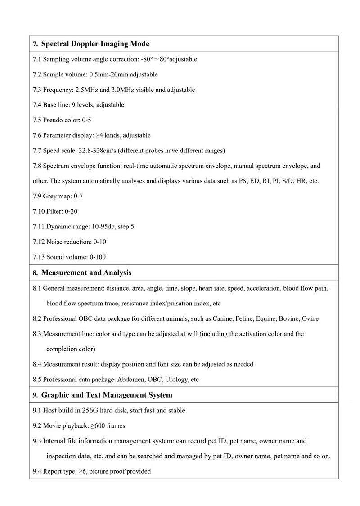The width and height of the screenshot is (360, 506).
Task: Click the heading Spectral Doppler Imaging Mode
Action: coord(95,44)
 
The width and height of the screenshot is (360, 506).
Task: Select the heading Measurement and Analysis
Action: coord(86,273)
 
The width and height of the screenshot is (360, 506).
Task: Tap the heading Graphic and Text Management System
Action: coord(107,395)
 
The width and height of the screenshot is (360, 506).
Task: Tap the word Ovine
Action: coord(310,318)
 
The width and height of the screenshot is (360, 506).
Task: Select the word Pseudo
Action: coord(54,120)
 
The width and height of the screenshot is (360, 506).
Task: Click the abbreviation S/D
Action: coord(287,181)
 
